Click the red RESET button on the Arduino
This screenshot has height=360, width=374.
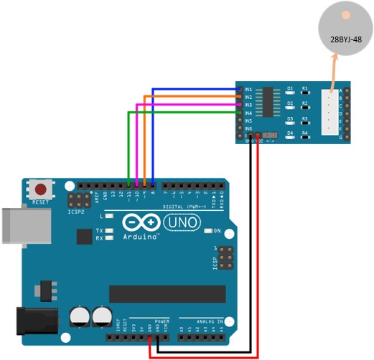coord(42,190)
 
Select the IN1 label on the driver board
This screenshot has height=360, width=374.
coord(248,89)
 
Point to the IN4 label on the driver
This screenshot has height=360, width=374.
coord(248,113)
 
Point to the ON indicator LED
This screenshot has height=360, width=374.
coord(207,231)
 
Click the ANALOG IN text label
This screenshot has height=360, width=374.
coord(202,321)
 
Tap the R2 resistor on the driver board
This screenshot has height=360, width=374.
coord(305,108)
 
